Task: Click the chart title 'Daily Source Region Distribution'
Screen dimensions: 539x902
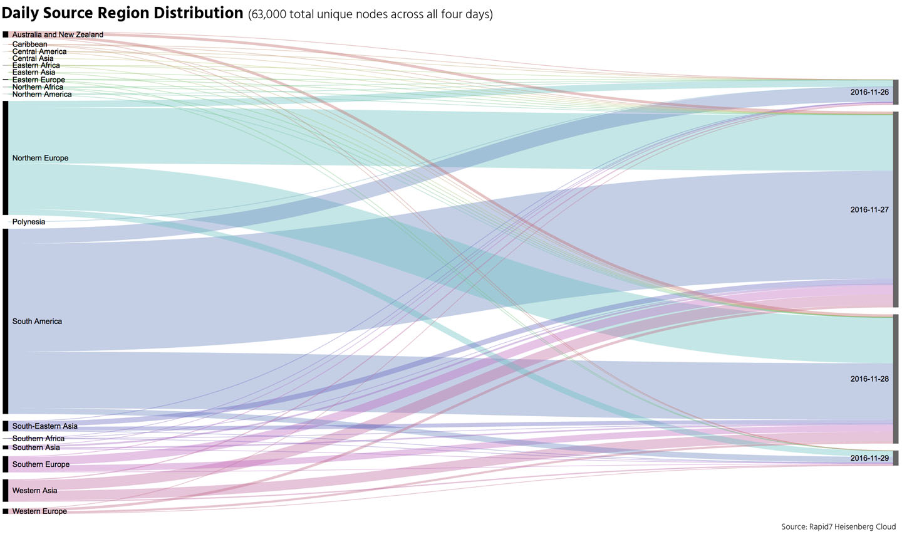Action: click(122, 13)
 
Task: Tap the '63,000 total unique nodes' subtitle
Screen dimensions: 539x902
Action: click(370, 14)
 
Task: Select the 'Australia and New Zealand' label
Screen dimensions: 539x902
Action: click(58, 35)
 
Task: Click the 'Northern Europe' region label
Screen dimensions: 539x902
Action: click(40, 158)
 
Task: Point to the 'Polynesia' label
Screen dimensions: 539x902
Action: click(29, 222)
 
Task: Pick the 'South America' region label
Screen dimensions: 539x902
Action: click(37, 322)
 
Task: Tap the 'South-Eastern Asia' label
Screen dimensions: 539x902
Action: click(45, 426)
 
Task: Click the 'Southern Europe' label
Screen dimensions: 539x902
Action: click(41, 464)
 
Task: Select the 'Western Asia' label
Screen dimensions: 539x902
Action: click(34, 491)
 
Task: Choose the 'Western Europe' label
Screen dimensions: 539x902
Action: click(39, 511)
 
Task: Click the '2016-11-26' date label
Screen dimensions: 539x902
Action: click(869, 93)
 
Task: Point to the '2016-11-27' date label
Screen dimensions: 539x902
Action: click(869, 210)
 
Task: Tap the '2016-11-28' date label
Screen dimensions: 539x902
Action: click(869, 379)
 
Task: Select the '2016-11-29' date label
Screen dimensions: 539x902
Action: click(869, 458)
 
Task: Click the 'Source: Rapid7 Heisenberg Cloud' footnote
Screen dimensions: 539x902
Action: click(838, 527)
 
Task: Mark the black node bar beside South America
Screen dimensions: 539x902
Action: click(6, 321)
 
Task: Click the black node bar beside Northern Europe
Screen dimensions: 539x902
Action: click(6, 158)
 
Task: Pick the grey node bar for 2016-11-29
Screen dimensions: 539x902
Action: click(896, 458)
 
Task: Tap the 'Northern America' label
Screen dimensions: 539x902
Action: click(42, 95)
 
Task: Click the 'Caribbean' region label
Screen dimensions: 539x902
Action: click(29, 44)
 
